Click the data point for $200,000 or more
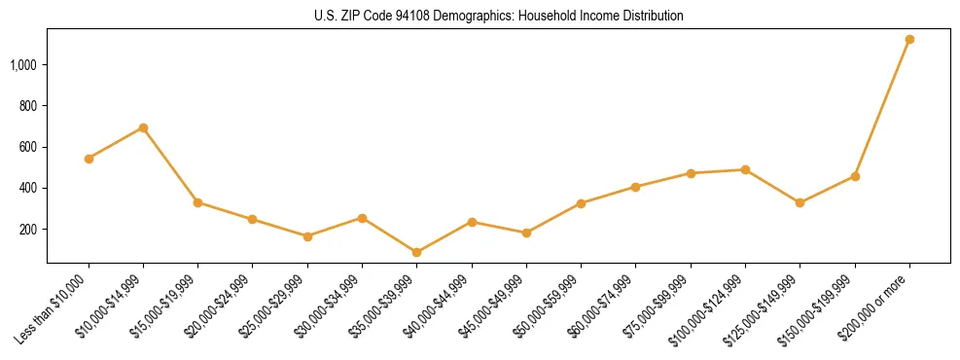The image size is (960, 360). click(x=909, y=40)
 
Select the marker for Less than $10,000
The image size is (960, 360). click(x=89, y=159)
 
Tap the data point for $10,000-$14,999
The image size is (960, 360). click(x=143, y=127)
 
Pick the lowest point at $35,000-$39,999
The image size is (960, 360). click(x=416, y=252)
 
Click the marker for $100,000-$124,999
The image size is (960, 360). click(x=745, y=169)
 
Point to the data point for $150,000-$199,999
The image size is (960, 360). click(x=855, y=176)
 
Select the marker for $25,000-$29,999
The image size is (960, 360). click(x=307, y=236)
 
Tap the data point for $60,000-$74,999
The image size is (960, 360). click(x=635, y=187)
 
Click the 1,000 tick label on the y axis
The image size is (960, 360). click(x=24, y=65)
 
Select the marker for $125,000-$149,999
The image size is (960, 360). click(x=800, y=202)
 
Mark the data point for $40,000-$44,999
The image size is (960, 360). click(x=472, y=222)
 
